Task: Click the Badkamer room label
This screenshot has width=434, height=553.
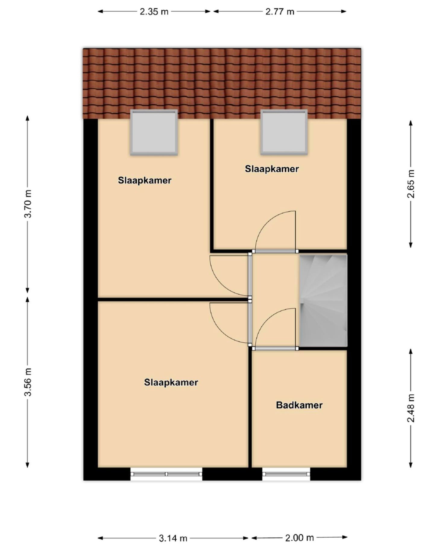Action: pyautogui.click(x=299, y=405)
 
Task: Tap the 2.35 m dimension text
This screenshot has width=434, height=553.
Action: pyautogui.click(x=154, y=12)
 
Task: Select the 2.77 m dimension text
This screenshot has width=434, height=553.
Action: pyautogui.click(x=279, y=12)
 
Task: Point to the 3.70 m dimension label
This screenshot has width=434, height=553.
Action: pyautogui.click(x=28, y=204)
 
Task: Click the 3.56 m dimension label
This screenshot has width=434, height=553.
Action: pyautogui.click(x=28, y=382)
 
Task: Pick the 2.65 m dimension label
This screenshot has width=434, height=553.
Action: pyautogui.click(x=411, y=184)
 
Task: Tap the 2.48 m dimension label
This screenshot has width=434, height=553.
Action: pyautogui.click(x=411, y=408)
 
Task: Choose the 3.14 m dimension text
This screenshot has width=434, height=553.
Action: pyautogui.click(x=173, y=538)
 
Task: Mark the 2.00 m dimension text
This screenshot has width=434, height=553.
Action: pyautogui.click(x=299, y=537)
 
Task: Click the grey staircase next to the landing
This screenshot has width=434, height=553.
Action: pyautogui.click(x=323, y=300)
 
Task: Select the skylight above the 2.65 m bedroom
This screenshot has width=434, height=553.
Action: pyautogui.click(x=284, y=132)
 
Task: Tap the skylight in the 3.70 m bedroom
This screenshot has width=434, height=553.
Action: pyautogui.click(x=154, y=132)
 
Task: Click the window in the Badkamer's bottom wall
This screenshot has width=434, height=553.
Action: pyautogui.click(x=286, y=474)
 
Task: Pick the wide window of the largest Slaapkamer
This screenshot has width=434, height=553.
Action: pyautogui.click(x=166, y=474)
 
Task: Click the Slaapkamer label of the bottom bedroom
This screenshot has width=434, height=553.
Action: pyautogui.click(x=171, y=382)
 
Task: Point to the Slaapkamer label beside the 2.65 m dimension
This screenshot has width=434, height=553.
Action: pyautogui.click(x=272, y=169)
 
